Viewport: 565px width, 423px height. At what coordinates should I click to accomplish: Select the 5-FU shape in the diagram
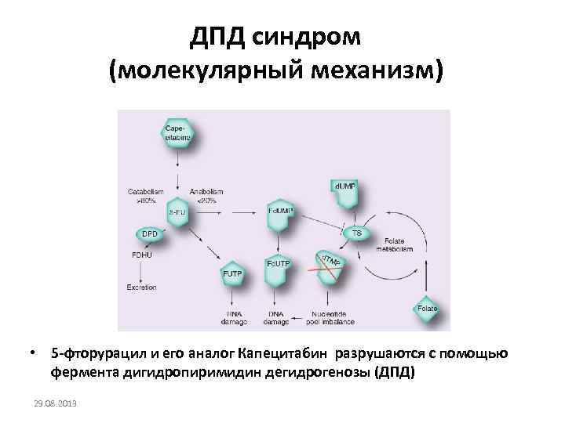click(x=178, y=211)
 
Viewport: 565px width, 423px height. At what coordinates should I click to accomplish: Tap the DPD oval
click(x=149, y=233)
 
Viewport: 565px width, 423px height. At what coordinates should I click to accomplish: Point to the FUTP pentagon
click(x=233, y=273)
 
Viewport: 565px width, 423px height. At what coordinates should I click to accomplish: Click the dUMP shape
click(x=344, y=188)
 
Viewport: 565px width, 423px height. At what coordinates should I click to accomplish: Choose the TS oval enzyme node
click(x=356, y=233)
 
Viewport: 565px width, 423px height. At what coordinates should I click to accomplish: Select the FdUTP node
click(x=279, y=266)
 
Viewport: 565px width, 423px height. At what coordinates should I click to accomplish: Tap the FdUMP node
click(x=280, y=211)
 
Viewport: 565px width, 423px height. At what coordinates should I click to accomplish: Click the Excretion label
click(x=142, y=287)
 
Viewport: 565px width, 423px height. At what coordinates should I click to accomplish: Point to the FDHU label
click(x=142, y=253)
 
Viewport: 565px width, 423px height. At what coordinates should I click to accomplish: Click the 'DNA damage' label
click(x=276, y=318)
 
